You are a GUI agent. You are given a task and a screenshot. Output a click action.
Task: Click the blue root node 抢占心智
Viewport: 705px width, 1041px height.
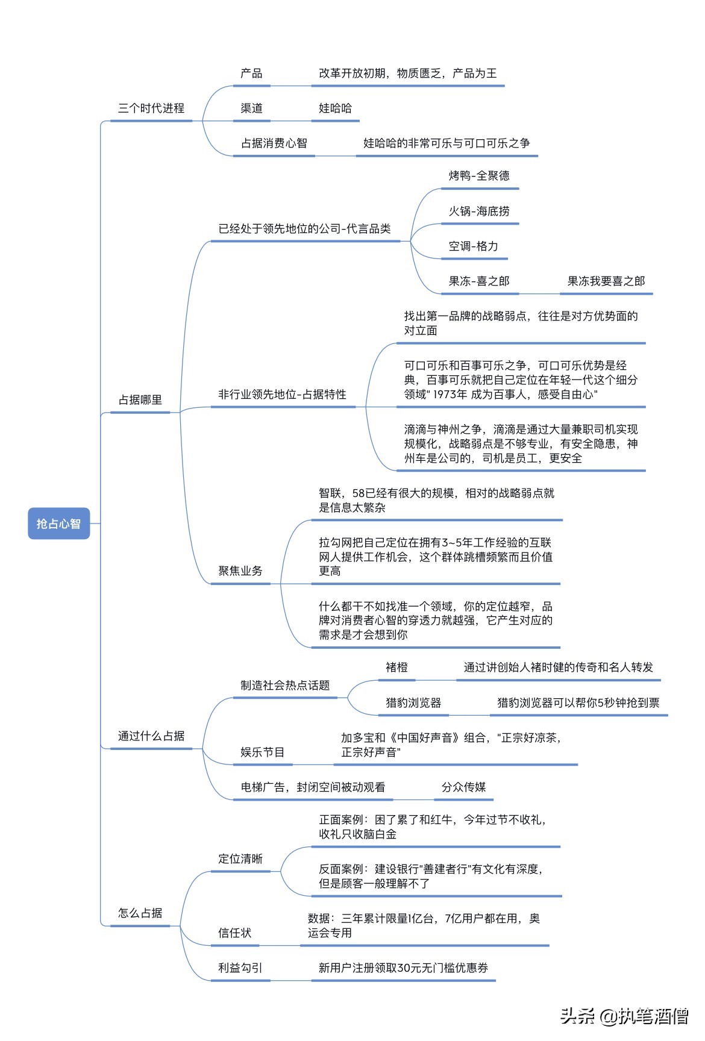[x=58, y=524]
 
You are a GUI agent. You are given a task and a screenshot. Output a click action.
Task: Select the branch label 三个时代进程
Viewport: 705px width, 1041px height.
[x=151, y=108]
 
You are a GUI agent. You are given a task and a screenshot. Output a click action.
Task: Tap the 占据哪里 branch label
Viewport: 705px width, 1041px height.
[x=140, y=400]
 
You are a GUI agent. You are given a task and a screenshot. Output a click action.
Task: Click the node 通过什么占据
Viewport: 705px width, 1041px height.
[x=151, y=736]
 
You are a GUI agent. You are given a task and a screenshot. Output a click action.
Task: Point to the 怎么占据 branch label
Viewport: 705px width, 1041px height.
[x=140, y=913]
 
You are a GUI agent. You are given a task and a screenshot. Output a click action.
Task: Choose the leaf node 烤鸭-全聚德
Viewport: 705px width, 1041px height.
[x=479, y=176]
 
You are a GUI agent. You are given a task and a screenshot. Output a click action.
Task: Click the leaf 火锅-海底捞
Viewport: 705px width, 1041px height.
[x=479, y=211]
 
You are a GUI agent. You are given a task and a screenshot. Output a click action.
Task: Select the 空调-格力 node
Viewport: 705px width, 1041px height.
[x=474, y=246]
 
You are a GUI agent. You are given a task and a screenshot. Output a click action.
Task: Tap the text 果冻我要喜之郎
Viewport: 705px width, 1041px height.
[x=606, y=281]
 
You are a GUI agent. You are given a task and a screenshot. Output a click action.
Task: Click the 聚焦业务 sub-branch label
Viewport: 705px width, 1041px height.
[x=240, y=571]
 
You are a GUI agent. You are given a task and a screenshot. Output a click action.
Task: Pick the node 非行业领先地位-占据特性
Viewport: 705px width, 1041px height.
[x=282, y=395]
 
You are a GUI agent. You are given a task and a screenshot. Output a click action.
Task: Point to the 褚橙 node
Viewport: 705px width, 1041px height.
[x=396, y=667]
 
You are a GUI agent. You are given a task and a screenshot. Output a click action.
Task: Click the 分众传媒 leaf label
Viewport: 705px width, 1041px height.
[x=463, y=787]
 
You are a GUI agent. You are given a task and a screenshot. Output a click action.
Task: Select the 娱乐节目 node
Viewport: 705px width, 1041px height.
[x=262, y=752]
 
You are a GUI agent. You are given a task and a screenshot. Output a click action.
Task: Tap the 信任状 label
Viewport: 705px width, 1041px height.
[x=234, y=933]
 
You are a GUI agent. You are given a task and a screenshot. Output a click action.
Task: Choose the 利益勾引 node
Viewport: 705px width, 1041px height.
[x=240, y=968]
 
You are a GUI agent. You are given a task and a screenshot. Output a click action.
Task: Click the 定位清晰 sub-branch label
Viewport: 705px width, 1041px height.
[x=240, y=859]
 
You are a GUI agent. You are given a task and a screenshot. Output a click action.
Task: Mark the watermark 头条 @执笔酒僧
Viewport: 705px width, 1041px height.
[x=624, y=1016]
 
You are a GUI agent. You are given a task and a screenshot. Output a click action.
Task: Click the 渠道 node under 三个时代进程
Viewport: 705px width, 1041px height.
[x=251, y=108]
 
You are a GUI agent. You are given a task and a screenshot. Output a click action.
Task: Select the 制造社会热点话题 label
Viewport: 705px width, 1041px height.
[x=285, y=686]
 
